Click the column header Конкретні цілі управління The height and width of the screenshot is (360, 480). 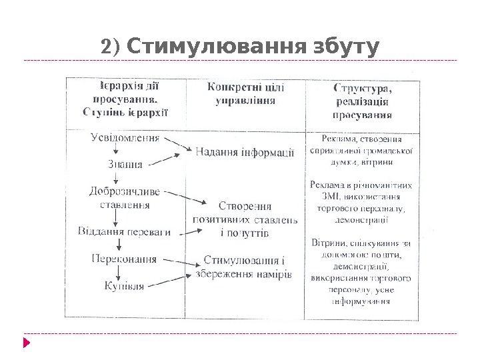tap(245, 94)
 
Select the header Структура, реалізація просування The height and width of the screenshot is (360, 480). tap(362, 101)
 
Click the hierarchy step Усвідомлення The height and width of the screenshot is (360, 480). tap(125, 139)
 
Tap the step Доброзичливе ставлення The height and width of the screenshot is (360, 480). tap(125, 198)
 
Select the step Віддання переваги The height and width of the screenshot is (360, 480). tap(125, 233)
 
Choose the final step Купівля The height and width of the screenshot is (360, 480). tap(124, 287)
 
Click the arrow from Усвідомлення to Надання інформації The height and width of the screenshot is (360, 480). tap(177, 145)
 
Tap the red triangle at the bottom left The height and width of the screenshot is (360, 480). tap(27, 343)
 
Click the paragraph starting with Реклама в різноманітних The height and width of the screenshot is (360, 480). tap(361, 202)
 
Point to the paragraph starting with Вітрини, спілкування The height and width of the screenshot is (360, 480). tap(361, 272)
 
